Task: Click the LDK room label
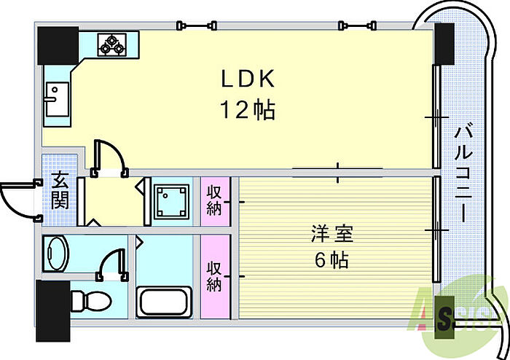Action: click(248, 79)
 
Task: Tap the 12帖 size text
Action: click(248, 109)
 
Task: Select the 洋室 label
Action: click(332, 233)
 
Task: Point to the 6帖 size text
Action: click(331, 260)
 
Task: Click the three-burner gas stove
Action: click(112, 45)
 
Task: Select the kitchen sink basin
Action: click(58, 99)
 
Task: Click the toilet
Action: click(91, 300)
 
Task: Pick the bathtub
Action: click(164, 302)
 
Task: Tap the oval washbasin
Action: click(56, 253)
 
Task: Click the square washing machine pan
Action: click(171, 201)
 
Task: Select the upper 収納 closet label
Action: click(214, 200)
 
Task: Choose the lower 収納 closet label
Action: click(214, 276)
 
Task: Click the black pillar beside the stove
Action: click(58, 45)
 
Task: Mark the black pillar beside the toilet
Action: click(53, 311)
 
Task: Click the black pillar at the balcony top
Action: click(444, 44)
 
